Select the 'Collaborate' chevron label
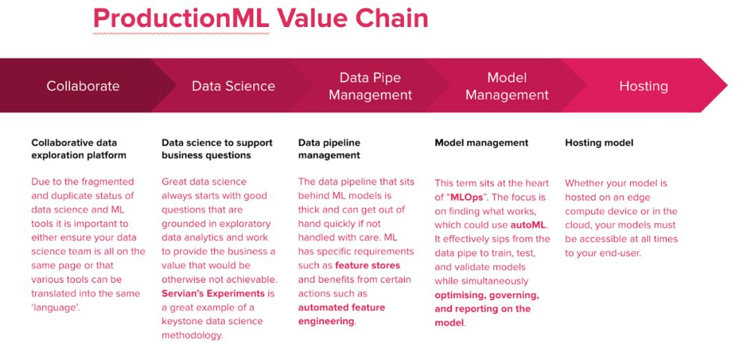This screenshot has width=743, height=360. [83, 86]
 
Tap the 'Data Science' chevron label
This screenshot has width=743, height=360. [233, 86]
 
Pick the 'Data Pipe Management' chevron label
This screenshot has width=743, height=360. [370, 86]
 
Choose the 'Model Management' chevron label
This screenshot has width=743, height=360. [507, 86]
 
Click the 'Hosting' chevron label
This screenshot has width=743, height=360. [643, 86]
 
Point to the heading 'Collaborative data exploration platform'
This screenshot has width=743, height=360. [78, 149]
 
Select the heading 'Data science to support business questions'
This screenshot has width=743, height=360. [217, 149]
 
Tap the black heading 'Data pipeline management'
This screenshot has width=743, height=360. [330, 149]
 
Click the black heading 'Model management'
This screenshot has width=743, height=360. [482, 142]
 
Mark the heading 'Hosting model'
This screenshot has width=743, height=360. [599, 142]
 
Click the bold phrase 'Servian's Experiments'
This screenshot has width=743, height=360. [213, 293]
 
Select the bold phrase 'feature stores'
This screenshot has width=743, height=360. [367, 265]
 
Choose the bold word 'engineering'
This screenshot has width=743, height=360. [326, 321]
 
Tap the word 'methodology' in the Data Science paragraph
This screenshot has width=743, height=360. [191, 335]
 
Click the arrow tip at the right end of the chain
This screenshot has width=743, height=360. [726, 85]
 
